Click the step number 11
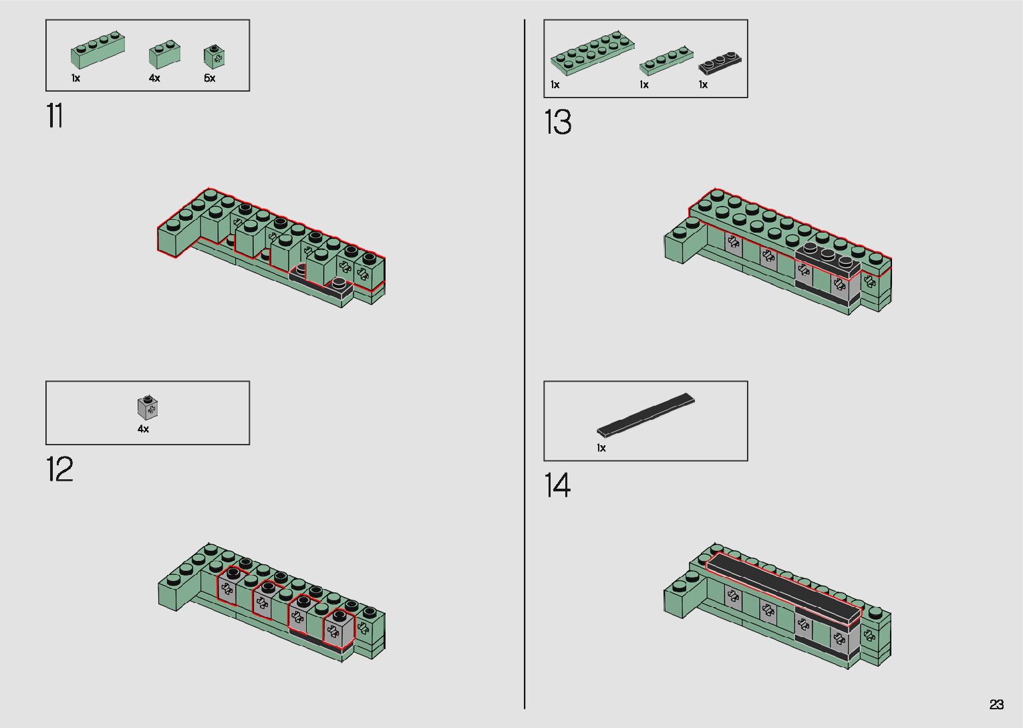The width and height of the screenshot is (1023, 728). pyautogui.click(x=54, y=116)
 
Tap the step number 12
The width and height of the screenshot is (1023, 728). pyautogui.click(x=59, y=469)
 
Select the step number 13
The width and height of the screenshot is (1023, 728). pyautogui.click(x=558, y=122)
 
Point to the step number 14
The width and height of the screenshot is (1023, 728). pyautogui.click(x=558, y=485)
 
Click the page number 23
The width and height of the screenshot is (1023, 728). pyautogui.click(x=996, y=704)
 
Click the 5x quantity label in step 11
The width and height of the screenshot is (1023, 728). pyautogui.click(x=210, y=78)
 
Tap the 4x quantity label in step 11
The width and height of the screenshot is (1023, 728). pyautogui.click(x=154, y=78)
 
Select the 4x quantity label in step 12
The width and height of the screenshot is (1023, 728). pyautogui.click(x=144, y=429)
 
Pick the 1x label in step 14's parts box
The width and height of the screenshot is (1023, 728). pyautogui.click(x=601, y=448)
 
